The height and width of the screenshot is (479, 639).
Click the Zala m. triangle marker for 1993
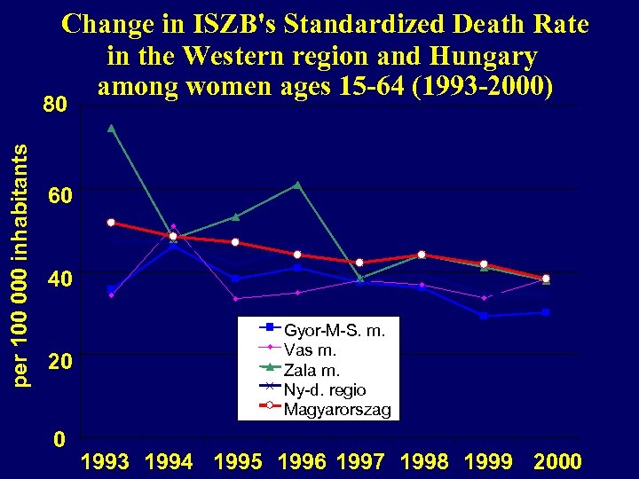pyautogui.click(x=111, y=127)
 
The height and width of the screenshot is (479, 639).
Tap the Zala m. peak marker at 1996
pyautogui.click(x=297, y=185)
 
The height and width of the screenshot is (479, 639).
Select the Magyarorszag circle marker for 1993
pyautogui.click(x=111, y=223)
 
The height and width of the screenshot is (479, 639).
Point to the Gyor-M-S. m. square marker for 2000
pyautogui.click(x=546, y=312)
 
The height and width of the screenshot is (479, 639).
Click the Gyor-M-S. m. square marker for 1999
pyautogui.click(x=484, y=316)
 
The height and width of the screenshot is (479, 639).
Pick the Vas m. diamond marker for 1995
pyautogui.click(x=235, y=299)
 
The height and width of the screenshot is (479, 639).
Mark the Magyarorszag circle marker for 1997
pyautogui.click(x=359, y=263)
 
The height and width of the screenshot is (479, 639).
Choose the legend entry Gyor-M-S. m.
pyautogui.click(x=334, y=331)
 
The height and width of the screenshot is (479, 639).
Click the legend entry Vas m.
pyautogui.click(x=309, y=350)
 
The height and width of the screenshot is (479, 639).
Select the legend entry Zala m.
pyautogui.click(x=312, y=370)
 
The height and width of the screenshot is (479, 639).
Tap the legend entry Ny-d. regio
pyautogui.click(x=324, y=389)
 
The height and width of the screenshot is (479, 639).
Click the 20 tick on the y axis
pyautogui.click(x=56, y=363)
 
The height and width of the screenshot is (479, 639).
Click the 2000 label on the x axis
pyautogui.click(x=557, y=462)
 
